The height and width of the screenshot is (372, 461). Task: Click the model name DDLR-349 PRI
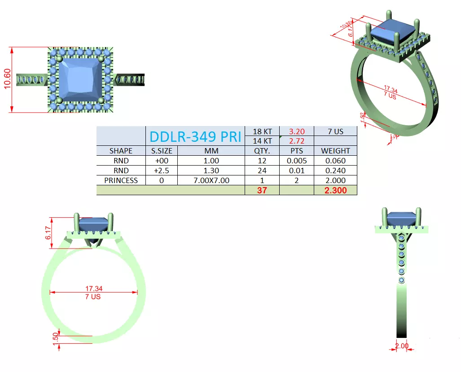click(195, 136)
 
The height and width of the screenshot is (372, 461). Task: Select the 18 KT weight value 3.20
click(296, 131)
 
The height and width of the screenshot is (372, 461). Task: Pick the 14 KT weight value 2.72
click(296, 141)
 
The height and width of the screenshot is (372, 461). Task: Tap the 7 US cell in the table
click(335, 131)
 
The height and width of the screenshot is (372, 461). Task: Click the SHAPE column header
click(121, 151)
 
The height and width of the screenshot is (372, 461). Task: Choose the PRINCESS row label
click(121, 180)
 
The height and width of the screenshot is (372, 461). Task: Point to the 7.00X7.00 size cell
click(211, 180)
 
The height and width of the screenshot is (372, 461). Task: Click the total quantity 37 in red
click(262, 190)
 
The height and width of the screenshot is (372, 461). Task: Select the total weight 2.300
click(335, 190)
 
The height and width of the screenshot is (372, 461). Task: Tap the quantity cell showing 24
click(262, 171)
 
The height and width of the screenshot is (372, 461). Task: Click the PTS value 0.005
click(296, 161)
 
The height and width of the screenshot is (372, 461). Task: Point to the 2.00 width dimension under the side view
click(401, 346)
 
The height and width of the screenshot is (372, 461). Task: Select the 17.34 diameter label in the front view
click(93, 289)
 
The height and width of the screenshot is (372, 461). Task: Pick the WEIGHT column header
click(335, 151)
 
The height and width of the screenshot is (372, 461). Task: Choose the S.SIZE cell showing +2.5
click(162, 171)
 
